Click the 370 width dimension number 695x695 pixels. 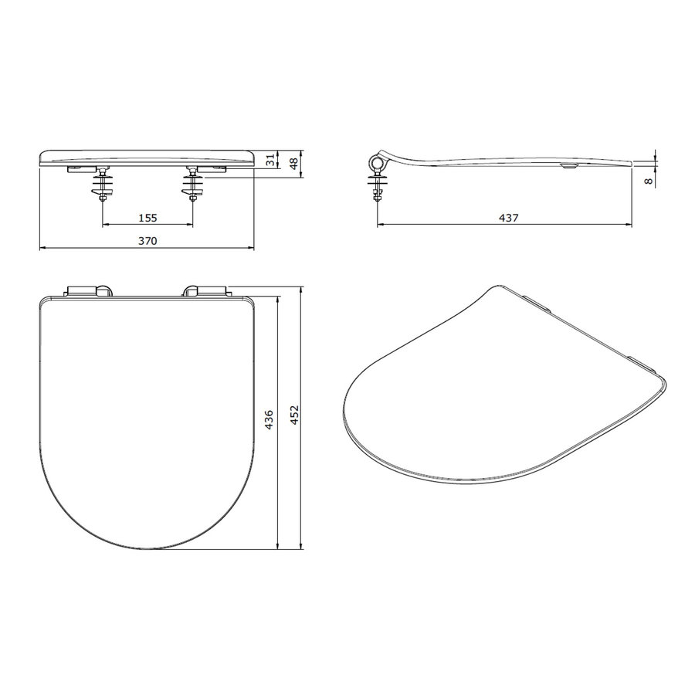coord(147,241)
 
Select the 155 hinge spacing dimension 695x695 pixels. coord(147,218)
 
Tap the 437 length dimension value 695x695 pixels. coord(507,219)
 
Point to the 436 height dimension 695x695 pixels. coord(270,420)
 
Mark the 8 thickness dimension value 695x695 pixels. coord(649,179)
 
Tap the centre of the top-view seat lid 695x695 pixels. coord(147,417)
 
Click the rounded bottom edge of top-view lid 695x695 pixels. coord(147,549)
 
